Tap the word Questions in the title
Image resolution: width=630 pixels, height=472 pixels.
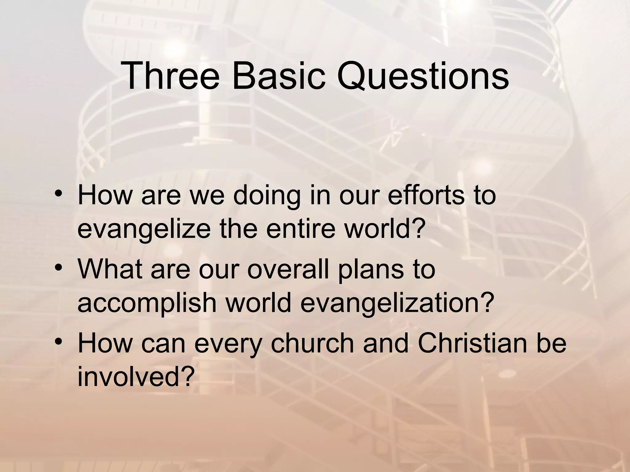[423, 76]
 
